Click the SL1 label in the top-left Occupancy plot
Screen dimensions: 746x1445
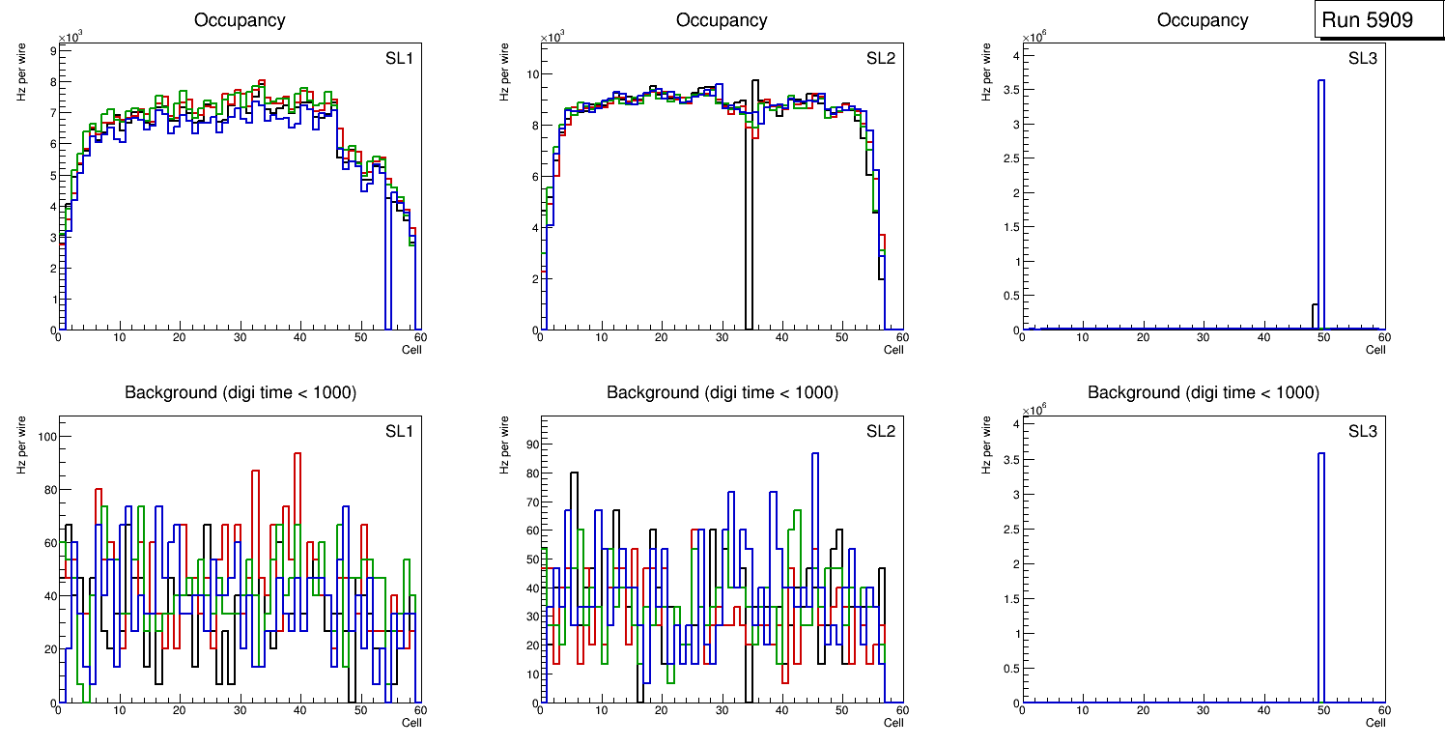click(399, 58)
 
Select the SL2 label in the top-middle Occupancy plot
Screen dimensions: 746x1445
click(881, 58)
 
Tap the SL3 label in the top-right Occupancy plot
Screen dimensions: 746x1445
click(1363, 58)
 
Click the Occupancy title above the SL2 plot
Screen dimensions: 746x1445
click(722, 20)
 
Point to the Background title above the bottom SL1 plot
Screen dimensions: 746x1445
click(240, 392)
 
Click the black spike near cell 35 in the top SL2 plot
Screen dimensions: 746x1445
click(754, 193)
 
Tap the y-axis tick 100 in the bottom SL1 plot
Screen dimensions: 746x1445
click(42, 437)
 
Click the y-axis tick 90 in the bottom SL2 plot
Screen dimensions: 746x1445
click(527, 445)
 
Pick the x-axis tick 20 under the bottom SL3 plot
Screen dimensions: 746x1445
click(1143, 710)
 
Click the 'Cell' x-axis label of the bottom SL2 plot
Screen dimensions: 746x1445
click(893, 722)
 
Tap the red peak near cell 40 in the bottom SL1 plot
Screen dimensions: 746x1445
click(297, 454)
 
